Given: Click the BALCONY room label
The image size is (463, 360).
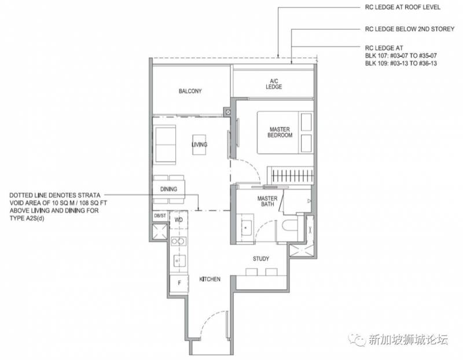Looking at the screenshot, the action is coord(190,91).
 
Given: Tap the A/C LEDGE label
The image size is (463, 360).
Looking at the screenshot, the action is coord(274,84).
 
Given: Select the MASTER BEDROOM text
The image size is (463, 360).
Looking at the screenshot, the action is coord(280,133).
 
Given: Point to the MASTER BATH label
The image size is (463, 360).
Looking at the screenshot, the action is coord(267,201).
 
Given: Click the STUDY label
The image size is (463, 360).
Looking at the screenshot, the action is coord(261,259).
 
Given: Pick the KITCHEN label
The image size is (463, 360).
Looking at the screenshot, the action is coord(210,279).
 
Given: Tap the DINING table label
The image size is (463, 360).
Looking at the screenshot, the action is coord(168,189).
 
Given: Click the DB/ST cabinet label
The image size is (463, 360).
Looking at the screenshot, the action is coord(160,216).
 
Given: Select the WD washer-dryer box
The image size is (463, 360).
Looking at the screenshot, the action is coord(179,220).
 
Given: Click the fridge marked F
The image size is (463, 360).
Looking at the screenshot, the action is coord(179,283).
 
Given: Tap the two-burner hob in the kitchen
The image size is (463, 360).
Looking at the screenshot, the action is coord(178,241).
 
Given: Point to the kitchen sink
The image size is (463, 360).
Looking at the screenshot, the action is coord(179,261).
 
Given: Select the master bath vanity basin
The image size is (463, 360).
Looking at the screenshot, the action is coord(247,228).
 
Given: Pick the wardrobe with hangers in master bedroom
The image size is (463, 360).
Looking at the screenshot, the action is coord(291,176).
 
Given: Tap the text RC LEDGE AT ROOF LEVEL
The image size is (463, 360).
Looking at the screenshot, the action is coord(403,7).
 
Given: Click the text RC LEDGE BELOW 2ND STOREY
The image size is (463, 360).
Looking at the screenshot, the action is coord(410,29).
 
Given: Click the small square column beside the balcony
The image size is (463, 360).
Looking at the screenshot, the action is coord(227,112).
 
